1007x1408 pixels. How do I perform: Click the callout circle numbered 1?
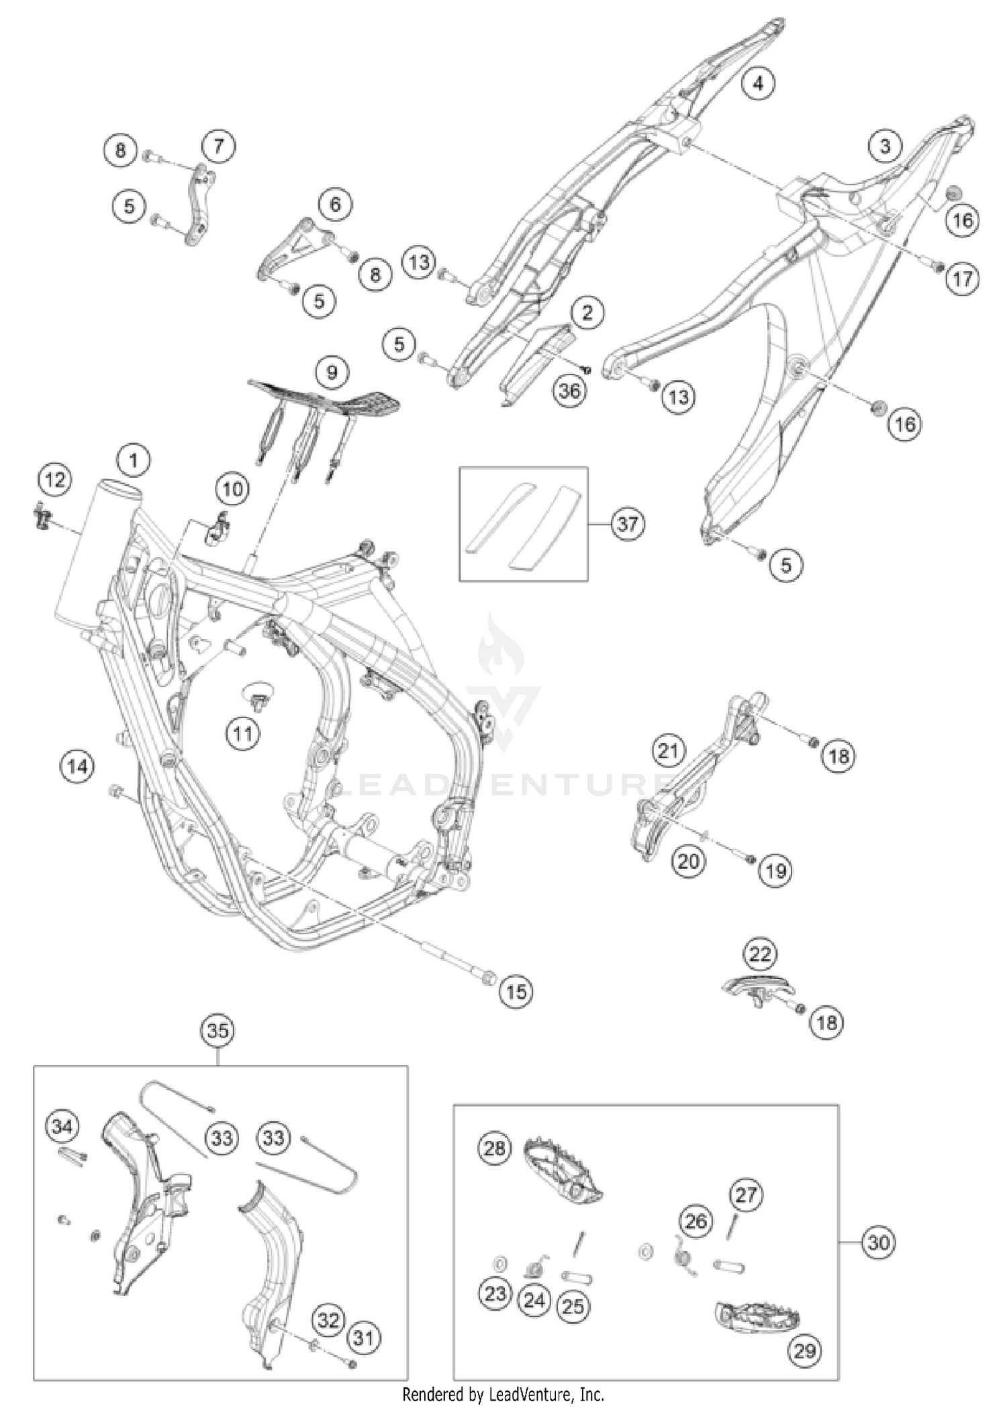pyautogui.click(x=133, y=460)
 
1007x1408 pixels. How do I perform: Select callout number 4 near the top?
pyautogui.click(x=758, y=83)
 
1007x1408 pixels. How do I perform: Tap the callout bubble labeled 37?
pyautogui.click(x=628, y=523)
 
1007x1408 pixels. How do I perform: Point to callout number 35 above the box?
pyautogui.click(x=218, y=1030)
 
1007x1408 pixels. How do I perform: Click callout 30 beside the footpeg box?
pyautogui.click(x=878, y=1243)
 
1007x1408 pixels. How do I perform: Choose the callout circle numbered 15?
pyautogui.click(x=516, y=991)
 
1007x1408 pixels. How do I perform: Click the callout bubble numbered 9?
pyautogui.click(x=332, y=371)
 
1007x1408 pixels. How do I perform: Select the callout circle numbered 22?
pyautogui.click(x=760, y=954)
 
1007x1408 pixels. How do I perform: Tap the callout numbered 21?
pyautogui.click(x=668, y=750)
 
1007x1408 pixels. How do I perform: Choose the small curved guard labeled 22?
pyautogui.click(x=757, y=985)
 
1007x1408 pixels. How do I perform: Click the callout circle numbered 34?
pyautogui.click(x=62, y=1125)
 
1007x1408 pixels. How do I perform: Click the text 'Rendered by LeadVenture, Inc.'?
pyautogui.click(x=503, y=1395)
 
